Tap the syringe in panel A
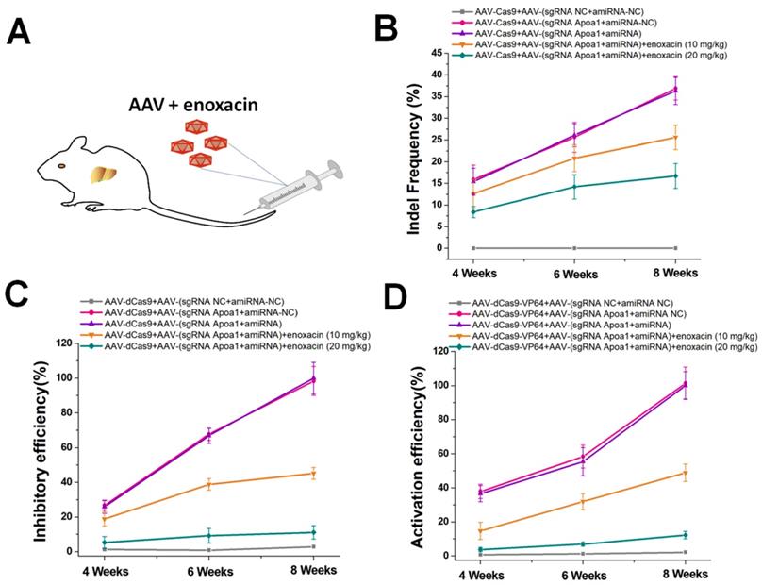[302, 189]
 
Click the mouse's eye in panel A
[63, 165]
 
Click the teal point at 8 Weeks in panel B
[676, 176]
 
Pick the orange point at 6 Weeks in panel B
[575, 158]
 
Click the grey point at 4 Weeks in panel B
[473, 247]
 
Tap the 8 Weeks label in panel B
[675, 273]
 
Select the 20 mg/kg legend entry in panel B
[604, 57]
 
